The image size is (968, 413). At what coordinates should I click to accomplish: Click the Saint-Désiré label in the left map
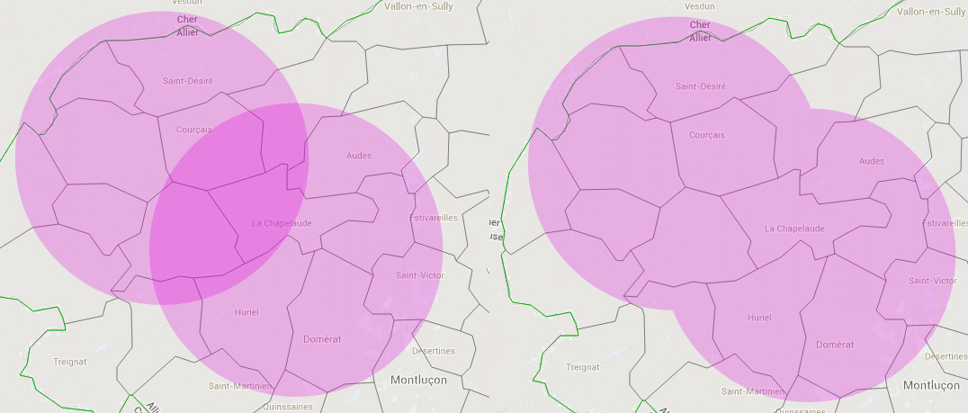188,81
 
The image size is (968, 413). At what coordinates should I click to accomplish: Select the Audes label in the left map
359,156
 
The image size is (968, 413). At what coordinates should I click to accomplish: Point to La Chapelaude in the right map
794,229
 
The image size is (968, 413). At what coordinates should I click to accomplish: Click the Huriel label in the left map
246,312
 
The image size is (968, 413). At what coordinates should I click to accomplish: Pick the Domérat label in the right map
834,345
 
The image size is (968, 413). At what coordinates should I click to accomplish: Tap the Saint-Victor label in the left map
419,275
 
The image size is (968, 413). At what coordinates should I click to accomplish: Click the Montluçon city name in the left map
430,381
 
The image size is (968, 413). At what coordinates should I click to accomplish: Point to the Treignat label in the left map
70,362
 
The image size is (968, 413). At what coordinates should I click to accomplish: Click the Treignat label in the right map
583,367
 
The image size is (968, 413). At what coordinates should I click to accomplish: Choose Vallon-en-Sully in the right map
932,12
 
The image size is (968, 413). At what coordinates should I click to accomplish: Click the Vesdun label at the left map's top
186,3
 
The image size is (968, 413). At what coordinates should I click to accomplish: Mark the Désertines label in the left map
433,351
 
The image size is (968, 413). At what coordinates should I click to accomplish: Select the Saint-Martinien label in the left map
240,386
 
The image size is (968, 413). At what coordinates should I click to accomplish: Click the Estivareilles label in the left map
434,218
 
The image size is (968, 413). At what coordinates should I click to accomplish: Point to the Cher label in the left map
188,19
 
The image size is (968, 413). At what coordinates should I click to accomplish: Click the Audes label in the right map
872,161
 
